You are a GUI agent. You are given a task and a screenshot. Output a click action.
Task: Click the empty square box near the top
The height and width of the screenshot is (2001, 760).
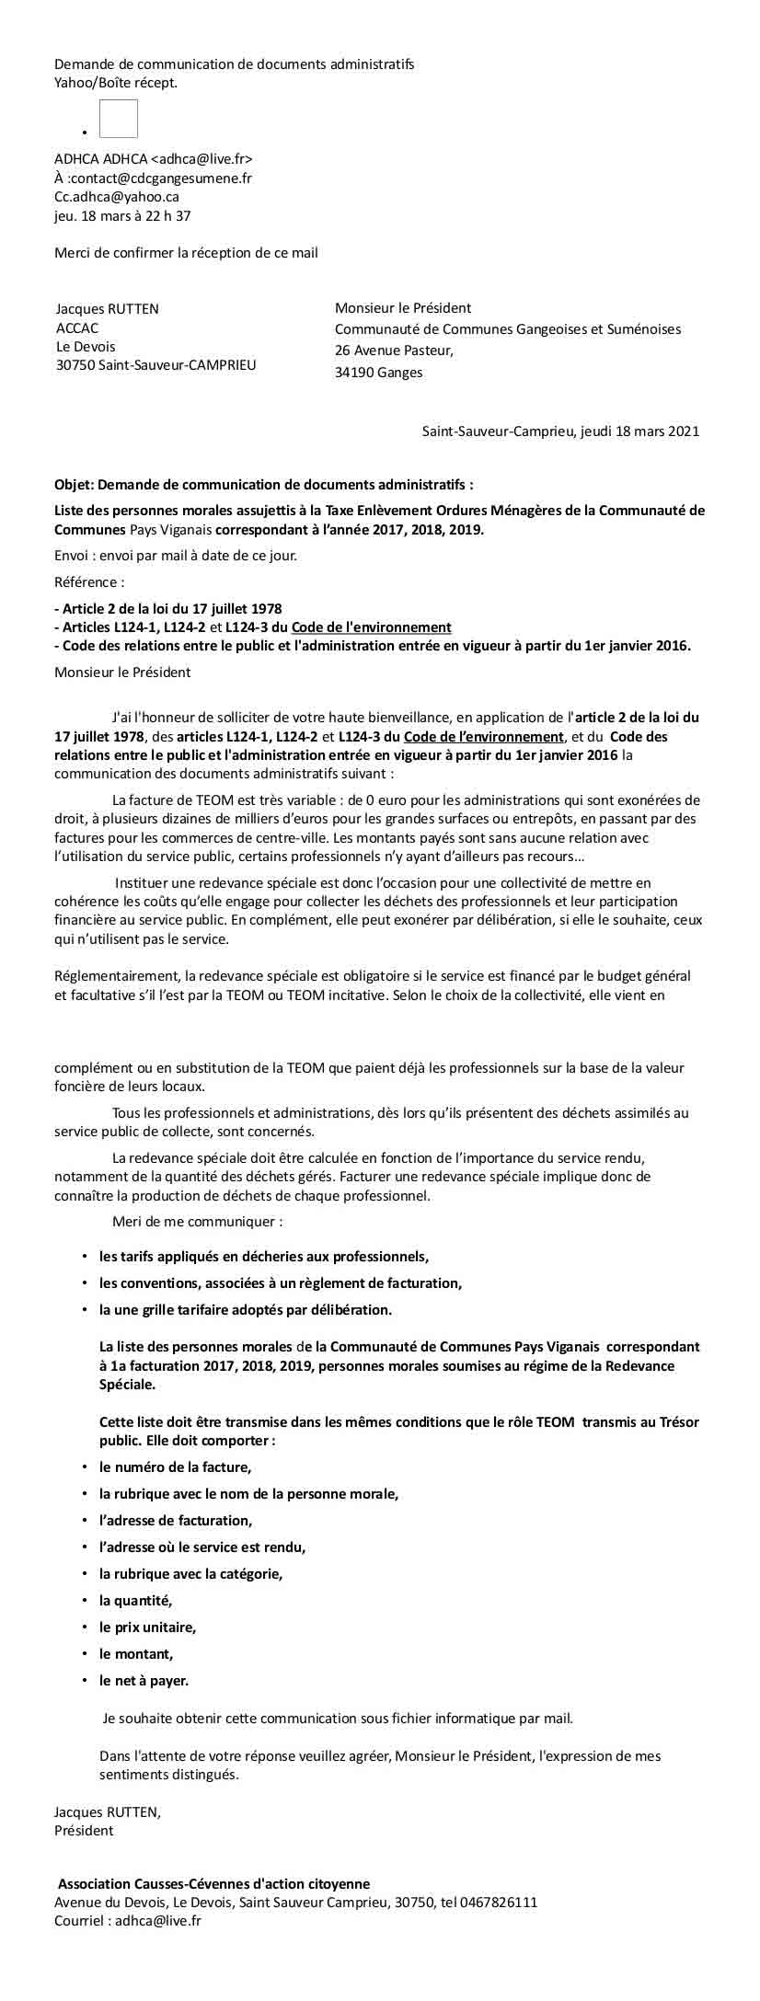coord(119,120)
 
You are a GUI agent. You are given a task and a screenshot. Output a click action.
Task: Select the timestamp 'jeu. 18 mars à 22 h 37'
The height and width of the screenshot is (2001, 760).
coord(122,216)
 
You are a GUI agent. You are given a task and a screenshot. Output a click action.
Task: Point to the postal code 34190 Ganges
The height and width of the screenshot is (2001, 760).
coord(378,373)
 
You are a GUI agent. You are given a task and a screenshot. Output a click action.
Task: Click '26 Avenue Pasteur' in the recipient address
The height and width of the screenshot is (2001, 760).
coord(393,351)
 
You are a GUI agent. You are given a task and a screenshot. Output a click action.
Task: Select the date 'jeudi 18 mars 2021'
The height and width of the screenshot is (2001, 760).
coord(640,431)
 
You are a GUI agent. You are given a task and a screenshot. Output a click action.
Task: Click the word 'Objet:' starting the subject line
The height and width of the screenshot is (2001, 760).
coord(74,484)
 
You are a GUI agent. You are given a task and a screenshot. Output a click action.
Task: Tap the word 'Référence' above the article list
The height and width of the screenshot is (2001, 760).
coord(86,581)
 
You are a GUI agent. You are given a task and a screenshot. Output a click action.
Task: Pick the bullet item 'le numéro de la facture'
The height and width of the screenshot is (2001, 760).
coord(175,1467)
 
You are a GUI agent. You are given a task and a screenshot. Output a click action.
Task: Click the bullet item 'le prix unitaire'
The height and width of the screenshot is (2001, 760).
coord(147,1627)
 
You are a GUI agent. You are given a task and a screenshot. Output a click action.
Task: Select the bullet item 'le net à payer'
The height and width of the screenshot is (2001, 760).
coord(144,1680)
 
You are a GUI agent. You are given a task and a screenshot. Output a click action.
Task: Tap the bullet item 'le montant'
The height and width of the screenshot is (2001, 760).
coord(136,1653)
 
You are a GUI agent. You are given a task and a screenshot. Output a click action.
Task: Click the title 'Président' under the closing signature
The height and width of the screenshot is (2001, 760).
coord(84,1831)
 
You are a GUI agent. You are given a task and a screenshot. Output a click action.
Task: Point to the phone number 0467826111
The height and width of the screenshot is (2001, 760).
coord(502,1902)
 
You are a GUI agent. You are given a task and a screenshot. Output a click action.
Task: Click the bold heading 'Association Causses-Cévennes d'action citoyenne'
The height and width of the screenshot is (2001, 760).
coord(213,1884)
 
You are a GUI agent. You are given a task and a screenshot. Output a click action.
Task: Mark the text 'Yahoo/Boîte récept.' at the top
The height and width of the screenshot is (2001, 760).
coord(116,83)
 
